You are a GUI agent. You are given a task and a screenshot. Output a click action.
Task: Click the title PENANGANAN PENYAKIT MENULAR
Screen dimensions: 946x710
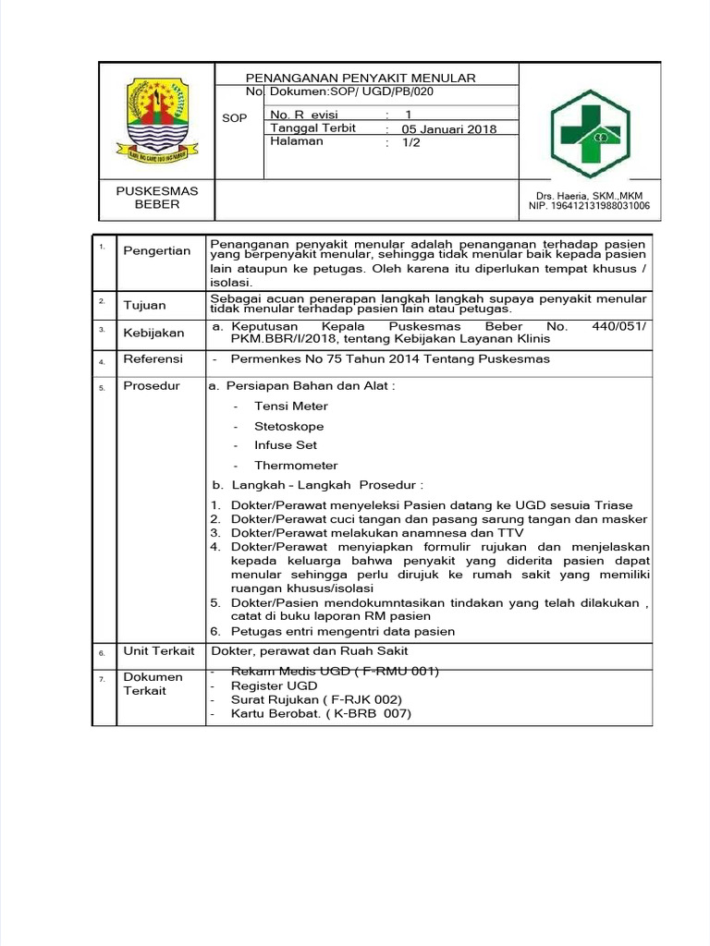[360, 79]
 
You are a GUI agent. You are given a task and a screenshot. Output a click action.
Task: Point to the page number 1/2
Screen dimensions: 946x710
[410, 143]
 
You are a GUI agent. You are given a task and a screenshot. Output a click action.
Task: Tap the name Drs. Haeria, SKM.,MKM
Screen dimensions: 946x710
[589, 195]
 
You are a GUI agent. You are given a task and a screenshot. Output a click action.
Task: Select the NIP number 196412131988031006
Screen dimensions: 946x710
[589, 206]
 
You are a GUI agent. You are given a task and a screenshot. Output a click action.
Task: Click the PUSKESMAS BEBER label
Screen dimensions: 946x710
[156, 198]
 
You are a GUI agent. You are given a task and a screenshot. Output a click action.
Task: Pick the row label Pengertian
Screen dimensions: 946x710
[157, 250]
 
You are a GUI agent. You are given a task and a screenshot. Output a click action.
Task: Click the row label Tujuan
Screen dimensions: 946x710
[144, 305]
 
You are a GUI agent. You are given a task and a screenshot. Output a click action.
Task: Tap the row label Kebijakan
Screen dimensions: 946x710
[153, 333]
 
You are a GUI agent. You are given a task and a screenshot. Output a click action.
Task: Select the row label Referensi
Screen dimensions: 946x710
[153, 359]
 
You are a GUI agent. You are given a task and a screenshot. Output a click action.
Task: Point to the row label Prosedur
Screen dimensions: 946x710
[152, 386]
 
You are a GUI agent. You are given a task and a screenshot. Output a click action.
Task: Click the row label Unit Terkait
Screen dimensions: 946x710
[159, 651]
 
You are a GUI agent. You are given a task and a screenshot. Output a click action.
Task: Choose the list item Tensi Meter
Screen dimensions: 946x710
[291, 406]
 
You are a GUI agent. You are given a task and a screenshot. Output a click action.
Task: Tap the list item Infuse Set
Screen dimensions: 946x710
[286, 445]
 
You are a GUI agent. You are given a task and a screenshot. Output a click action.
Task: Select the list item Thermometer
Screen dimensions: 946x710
[296, 466]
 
